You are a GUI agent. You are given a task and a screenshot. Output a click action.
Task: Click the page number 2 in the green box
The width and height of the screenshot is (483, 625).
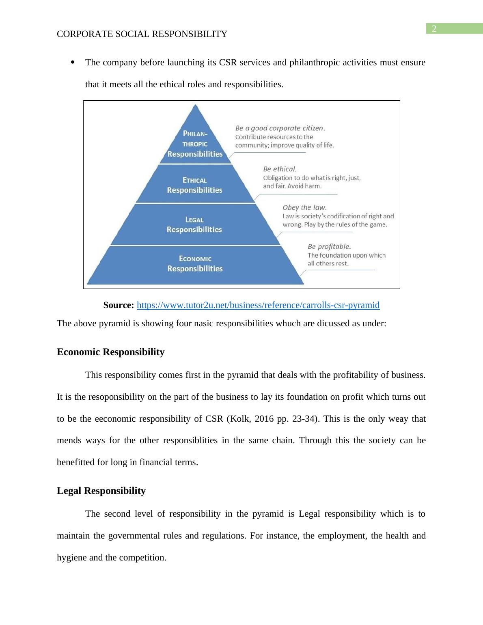coord(434,28)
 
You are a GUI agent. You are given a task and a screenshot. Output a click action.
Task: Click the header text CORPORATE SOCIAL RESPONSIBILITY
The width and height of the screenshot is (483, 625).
coord(142,34)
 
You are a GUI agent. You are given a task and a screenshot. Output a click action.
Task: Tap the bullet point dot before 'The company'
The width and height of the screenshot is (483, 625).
coord(73,62)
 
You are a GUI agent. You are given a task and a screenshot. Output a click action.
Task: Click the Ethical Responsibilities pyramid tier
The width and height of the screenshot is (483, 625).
coord(195,185)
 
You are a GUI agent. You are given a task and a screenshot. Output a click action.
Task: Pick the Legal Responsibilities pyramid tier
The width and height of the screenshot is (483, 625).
coord(194,224)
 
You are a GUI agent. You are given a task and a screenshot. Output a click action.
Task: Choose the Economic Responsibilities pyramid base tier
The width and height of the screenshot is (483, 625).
coord(195,264)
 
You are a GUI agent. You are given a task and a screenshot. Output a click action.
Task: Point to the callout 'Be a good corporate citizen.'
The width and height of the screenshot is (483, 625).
coord(280,128)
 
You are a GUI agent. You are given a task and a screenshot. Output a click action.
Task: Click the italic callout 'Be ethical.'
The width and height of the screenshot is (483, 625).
coord(280,169)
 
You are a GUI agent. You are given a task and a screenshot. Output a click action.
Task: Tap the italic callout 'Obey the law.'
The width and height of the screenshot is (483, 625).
coord(304,207)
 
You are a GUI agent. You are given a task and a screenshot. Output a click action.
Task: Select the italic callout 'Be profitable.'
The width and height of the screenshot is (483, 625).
coord(329,246)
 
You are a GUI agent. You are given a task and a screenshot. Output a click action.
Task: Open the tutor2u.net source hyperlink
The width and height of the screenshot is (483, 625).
coord(258,305)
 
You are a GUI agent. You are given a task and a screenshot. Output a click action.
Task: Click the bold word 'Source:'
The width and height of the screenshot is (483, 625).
coord(119,305)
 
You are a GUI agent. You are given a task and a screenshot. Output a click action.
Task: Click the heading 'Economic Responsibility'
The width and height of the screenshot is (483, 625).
coord(111,352)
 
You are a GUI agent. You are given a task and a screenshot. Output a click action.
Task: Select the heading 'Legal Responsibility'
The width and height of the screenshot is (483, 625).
coord(101,491)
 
